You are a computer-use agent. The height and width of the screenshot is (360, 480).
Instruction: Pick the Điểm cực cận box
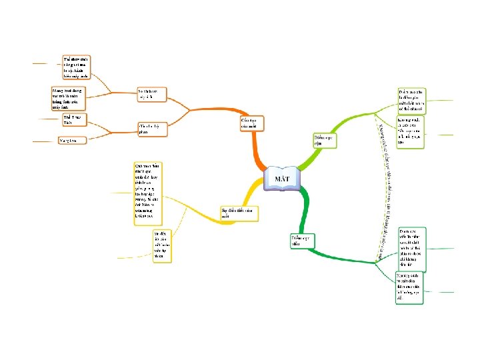[324, 140]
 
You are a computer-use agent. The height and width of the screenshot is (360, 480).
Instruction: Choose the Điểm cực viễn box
[301, 240]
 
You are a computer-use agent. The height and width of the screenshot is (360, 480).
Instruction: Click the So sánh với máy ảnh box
[149, 94]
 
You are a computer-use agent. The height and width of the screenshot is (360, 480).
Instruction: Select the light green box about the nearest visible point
[411, 99]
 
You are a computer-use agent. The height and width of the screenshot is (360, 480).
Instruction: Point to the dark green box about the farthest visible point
[411, 247]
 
